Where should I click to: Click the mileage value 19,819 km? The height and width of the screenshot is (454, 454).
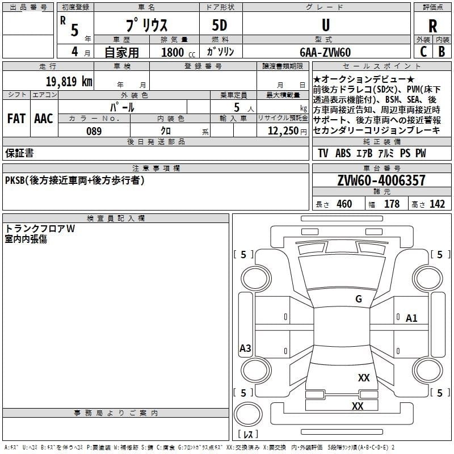click(69, 81)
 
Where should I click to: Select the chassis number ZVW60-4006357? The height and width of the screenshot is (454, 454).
click(381, 180)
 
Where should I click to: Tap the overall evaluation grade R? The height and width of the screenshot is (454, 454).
click(432, 26)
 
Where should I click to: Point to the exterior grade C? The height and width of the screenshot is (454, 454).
click(423, 52)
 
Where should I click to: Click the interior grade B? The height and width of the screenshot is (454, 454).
click(442, 52)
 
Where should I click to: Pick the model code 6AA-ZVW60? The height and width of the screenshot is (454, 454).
click(325, 52)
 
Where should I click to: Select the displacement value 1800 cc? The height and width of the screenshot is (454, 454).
click(178, 52)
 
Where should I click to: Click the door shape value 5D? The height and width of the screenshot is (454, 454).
click(220, 26)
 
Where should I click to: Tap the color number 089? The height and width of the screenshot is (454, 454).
click(94, 131)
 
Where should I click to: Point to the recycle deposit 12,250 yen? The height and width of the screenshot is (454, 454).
click(287, 131)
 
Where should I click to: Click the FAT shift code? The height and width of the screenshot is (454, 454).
click(16, 119)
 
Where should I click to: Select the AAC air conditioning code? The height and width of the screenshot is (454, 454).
click(44, 119)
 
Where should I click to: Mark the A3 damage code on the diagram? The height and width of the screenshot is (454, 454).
click(245, 348)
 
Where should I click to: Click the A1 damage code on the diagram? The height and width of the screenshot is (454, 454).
click(411, 318)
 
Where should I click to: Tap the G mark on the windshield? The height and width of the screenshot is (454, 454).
click(359, 299)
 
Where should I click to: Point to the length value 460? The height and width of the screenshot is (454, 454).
click(344, 204)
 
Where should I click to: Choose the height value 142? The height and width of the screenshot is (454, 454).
click(437, 204)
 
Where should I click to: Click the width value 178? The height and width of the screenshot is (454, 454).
click(392, 204)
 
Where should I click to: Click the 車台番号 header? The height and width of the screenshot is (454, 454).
click(382, 168)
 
